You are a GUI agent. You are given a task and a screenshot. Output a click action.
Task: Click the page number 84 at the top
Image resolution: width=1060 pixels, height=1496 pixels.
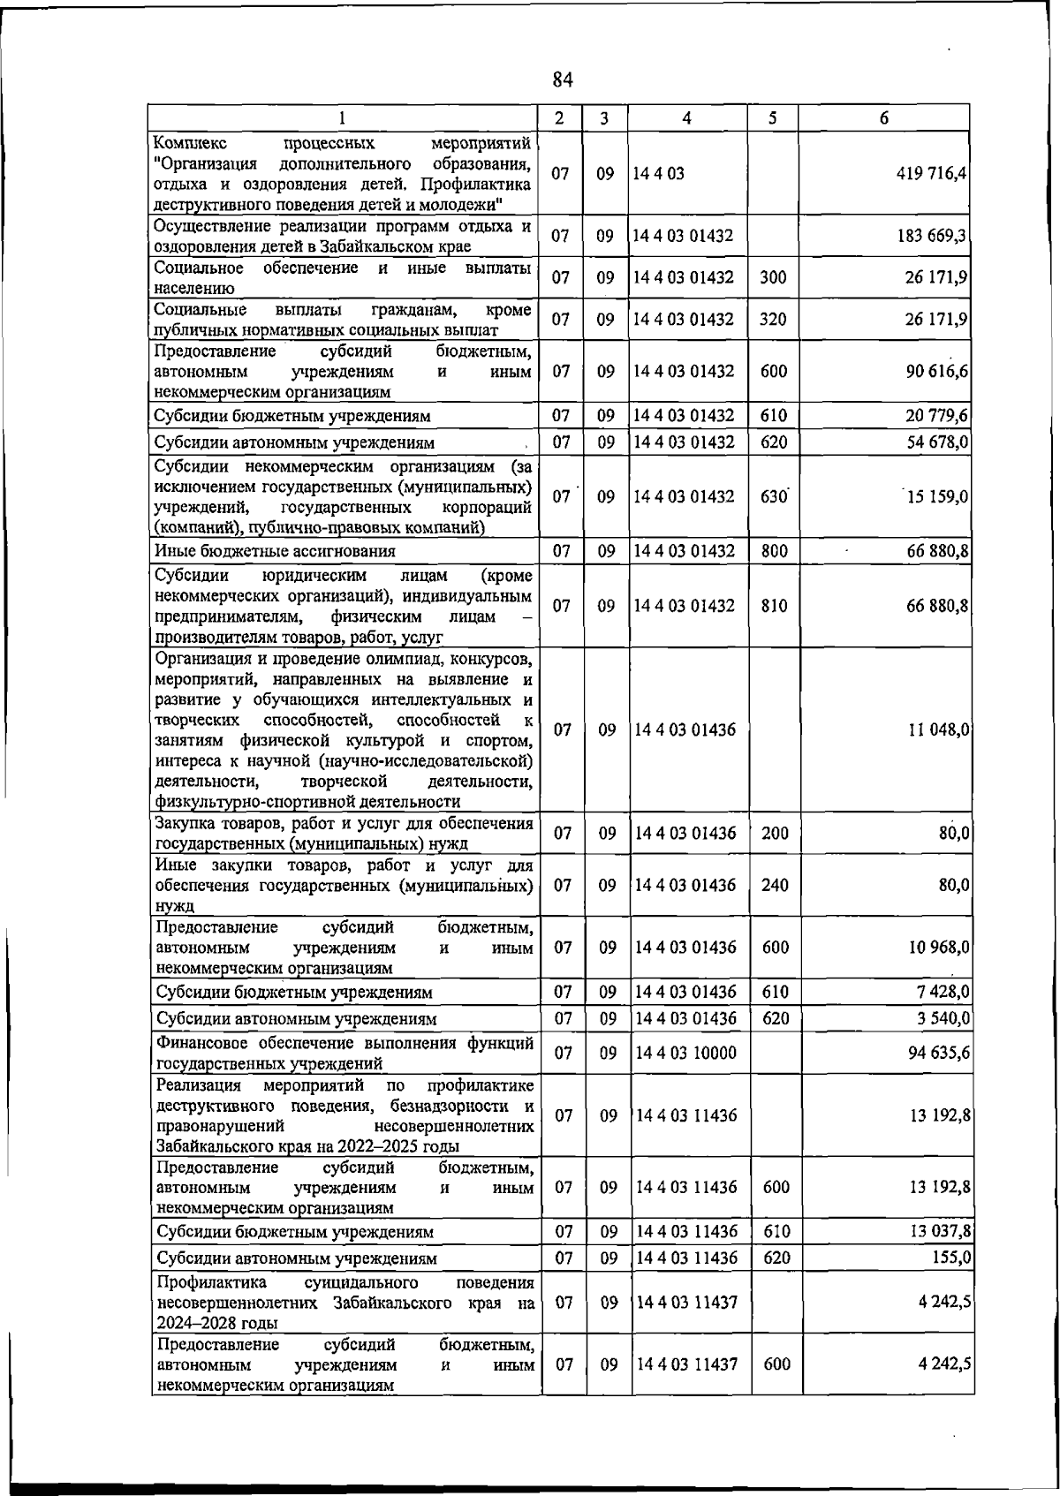click(x=563, y=80)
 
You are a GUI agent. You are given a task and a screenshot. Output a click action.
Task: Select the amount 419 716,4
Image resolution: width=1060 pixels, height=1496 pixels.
click(x=931, y=174)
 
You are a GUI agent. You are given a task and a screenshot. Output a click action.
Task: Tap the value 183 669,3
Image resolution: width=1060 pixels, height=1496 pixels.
click(x=935, y=236)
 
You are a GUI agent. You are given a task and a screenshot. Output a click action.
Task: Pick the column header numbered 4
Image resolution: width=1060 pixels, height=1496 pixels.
click(x=687, y=118)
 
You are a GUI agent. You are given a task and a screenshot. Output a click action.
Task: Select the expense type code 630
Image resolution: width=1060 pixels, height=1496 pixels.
click(x=774, y=496)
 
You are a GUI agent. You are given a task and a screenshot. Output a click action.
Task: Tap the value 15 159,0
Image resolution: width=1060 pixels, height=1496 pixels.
click(x=937, y=496)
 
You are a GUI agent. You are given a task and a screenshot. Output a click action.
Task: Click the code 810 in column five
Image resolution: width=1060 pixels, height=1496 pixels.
click(x=774, y=606)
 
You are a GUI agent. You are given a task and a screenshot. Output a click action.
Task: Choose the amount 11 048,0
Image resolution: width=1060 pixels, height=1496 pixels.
click(x=939, y=729)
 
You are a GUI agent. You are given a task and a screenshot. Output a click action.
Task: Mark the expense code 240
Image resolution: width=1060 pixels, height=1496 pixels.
click(x=775, y=885)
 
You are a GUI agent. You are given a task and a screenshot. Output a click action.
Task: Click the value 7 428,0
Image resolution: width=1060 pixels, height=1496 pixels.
click(x=943, y=992)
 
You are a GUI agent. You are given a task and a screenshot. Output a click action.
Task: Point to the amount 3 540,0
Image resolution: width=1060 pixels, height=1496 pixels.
click(x=943, y=1018)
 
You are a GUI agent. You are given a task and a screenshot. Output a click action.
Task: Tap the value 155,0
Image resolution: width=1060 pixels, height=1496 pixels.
click(x=952, y=1258)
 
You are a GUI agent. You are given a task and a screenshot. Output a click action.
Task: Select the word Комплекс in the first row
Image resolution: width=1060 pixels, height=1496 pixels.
click(x=190, y=143)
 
